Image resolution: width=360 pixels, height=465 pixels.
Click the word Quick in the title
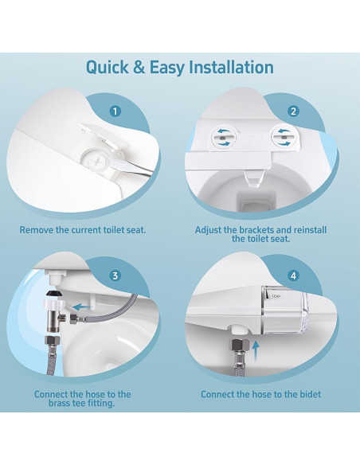[110, 68]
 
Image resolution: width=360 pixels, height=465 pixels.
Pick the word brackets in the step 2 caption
[257, 230]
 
